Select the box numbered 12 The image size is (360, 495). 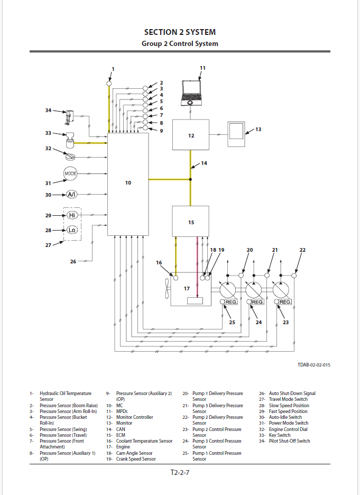coord(191,135)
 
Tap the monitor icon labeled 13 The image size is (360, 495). coord(237,134)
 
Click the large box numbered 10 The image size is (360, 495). coord(128,183)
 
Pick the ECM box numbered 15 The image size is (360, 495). coord(191,222)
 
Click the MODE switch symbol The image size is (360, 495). coord(70,173)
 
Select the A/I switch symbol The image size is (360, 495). coord(71,195)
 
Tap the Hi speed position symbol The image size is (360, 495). coord(72,215)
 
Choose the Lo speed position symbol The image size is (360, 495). coord(72,230)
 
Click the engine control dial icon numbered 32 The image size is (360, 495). coord(69,155)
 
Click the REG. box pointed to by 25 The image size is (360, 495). coord(231,302)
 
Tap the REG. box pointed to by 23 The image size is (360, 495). coord(285,302)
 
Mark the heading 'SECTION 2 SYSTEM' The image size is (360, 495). coord(180,32)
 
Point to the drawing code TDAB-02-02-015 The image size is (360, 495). coord(314,365)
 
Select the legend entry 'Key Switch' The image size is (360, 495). coord(280,435)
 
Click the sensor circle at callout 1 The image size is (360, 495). coord(109,83)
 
